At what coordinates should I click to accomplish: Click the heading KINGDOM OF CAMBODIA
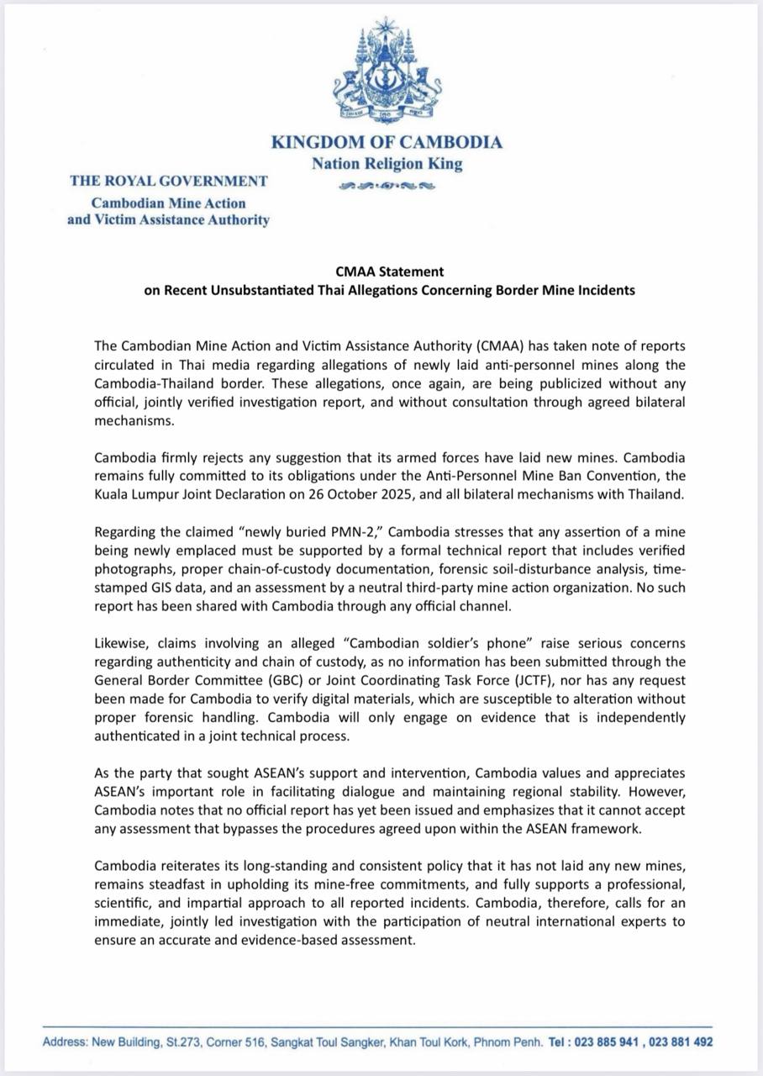pos(387,142)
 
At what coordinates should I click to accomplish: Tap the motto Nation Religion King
pos(387,164)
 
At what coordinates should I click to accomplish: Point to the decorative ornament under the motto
pos(387,186)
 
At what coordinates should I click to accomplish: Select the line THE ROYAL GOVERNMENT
pos(169,181)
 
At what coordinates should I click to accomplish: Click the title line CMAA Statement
pos(387,272)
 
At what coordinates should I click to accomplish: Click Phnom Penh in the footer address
pos(512,1042)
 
